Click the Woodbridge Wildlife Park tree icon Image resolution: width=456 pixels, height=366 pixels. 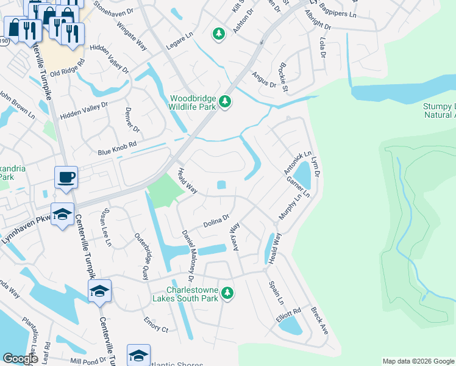tap(226, 101)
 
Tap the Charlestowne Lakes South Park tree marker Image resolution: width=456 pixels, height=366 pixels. tap(227, 294)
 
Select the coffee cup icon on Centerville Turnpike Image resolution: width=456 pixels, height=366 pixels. tap(66, 178)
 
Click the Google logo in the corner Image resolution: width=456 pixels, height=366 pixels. tap(20, 359)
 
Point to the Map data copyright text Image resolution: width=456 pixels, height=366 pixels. tap(418, 361)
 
